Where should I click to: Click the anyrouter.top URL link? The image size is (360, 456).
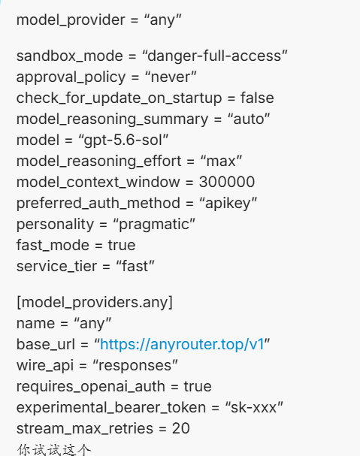point(182,345)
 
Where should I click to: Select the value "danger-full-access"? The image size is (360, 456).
point(215,56)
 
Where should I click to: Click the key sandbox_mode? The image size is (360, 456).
point(70,56)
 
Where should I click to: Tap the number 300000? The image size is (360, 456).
point(227,182)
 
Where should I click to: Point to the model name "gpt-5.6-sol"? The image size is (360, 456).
point(124,140)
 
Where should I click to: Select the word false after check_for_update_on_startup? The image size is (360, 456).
point(257,98)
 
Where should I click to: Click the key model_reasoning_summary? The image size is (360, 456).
point(112,119)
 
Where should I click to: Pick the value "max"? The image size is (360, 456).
point(221,162)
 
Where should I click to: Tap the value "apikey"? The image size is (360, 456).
point(228,204)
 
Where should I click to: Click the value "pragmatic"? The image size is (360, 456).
point(154,225)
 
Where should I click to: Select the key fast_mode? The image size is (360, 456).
point(53,245)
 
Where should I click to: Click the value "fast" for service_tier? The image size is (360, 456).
point(135,267)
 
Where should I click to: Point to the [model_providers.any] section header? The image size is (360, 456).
point(95,303)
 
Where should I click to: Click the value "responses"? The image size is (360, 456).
point(135,366)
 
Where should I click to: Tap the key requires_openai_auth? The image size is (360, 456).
point(91,387)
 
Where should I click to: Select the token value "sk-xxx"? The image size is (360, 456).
point(254,408)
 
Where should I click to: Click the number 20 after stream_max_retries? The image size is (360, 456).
point(181,429)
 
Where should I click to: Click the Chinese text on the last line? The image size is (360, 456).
point(54,449)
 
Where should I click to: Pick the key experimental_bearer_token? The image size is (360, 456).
point(111,408)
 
